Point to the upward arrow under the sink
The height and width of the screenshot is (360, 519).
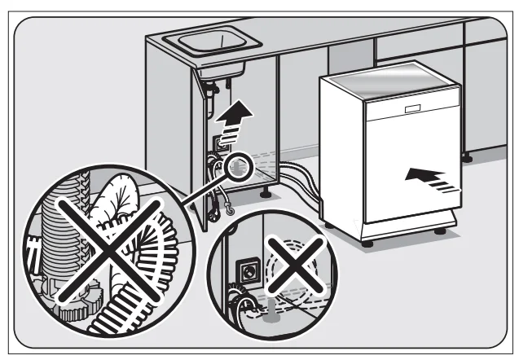(235, 113)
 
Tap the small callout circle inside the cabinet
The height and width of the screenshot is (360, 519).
(238, 168)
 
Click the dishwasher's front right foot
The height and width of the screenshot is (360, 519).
(441, 230)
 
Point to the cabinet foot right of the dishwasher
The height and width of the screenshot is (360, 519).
(467, 156)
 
